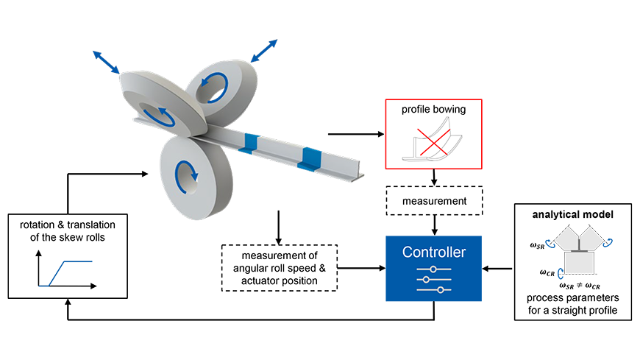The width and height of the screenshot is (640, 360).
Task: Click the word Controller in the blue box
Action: [434, 252]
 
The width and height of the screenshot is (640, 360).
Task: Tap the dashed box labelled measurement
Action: [434, 201]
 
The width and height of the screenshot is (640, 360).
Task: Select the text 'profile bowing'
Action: [433, 110]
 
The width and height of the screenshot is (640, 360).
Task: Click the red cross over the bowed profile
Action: [433, 142]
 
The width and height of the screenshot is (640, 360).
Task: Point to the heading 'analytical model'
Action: [572, 214]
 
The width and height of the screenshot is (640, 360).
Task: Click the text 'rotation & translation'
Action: [68, 225]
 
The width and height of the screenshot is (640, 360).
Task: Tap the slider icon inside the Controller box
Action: [434, 280]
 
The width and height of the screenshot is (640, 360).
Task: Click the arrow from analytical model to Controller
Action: [497, 269]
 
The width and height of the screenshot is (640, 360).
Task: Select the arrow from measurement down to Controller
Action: [434, 225]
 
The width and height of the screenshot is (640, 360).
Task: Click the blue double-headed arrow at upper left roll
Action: [106, 62]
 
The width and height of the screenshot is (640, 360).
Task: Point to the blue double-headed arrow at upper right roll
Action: [264, 51]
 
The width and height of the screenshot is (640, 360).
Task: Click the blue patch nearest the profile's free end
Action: [310, 159]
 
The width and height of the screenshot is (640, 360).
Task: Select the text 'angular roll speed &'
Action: [280, 268]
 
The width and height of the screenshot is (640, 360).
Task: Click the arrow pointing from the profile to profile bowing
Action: [356, 134]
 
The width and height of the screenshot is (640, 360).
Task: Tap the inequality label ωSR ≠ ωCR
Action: [580, 286]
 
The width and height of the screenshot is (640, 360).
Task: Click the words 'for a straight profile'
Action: [572, 310]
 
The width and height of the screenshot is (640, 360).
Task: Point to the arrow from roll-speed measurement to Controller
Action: [362, 268]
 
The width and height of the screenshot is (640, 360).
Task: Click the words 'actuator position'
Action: [280, 280]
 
